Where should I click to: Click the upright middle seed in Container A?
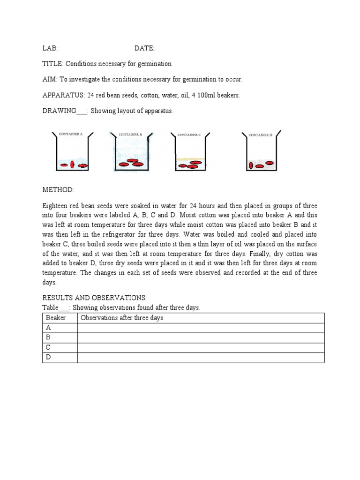click(72, 165)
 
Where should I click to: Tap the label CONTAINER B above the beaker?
click(130, 134)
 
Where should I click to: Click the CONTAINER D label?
click(260, 135)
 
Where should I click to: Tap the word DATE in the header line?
click(144, 48)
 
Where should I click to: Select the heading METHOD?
click(58, 189)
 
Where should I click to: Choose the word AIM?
click(49, 79)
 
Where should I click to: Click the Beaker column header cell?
click(60, 318)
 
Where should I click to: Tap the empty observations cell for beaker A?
click(201, 328)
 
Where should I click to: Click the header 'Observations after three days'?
click(122, 318)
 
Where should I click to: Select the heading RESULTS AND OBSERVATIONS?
click(95, 298)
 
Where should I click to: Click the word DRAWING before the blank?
click(59, 111)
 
